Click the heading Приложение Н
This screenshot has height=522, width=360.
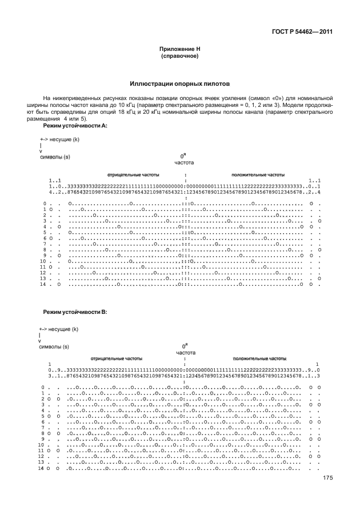click(179, 49)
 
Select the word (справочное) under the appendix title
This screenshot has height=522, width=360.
click(179, 56)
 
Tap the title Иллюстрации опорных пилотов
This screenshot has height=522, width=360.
click(179, 83)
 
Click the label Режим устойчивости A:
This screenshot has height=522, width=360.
click(75, 125)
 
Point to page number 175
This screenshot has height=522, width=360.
click(327, 479)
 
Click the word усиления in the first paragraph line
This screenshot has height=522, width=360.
click(225, 98)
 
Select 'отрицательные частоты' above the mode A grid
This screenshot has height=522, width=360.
click(133, 174)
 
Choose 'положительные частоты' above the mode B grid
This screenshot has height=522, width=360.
click(259, 358)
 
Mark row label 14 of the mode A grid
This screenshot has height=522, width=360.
click(42, 284)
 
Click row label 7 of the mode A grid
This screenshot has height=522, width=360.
click(43, 244)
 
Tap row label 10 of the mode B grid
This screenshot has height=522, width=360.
click(41, 445)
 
